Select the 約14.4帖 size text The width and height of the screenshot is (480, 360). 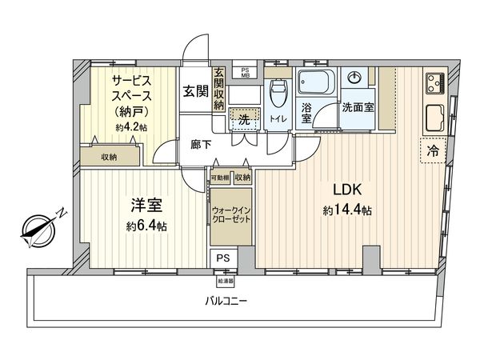point(348,210)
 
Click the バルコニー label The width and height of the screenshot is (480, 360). point(226,302)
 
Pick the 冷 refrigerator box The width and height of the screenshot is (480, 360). point(432,150)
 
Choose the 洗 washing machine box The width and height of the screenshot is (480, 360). point(241,118)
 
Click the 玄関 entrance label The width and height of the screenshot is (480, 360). point(194,91)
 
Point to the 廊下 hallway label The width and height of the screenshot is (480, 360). point(202,145)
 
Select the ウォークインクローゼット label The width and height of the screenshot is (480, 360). point(231,214)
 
